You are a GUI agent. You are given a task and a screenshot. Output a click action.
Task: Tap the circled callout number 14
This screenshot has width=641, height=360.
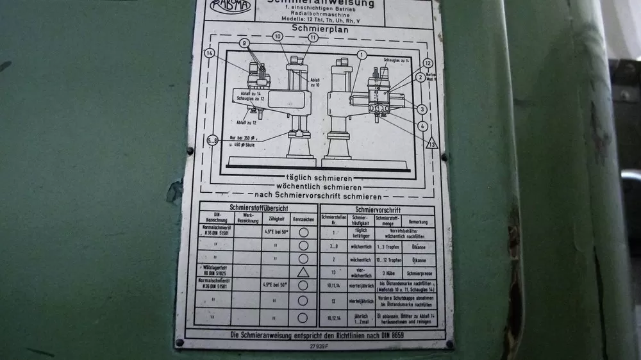pyautogui.click(x=209, y=54)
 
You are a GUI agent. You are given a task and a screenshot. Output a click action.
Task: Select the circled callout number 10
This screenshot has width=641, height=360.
pyautogui.click(x=278, y=37)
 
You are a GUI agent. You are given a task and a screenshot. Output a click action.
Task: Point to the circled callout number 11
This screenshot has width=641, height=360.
pyautogui.click(x=312, y=37)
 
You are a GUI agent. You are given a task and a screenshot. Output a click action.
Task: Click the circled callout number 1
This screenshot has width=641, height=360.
pyautogui.click(x=362, y=55)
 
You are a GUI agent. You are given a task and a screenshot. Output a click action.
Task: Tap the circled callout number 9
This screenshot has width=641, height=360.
pyautogui.click(x=244, y=43)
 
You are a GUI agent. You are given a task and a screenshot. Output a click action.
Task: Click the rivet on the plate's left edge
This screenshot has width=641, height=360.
pyautogui.click(x=190, y=151)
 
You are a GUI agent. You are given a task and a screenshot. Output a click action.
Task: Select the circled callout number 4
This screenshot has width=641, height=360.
pyautogui.click(x=423, y=126)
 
